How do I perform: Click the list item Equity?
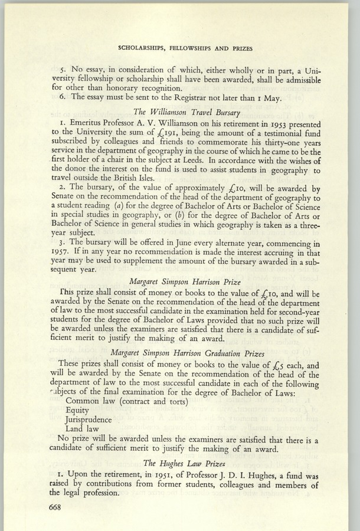pos(77,411)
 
